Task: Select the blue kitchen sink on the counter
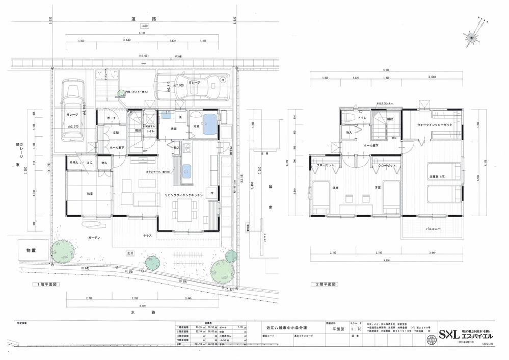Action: pyautogui.click(x=186, y=169)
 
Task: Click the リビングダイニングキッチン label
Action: pyautogui.click(x=184, y=195)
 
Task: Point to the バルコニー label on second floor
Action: pyautogui.click(x=434, y=229)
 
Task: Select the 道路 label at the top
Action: pyautogui.click(x=150, y=19)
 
